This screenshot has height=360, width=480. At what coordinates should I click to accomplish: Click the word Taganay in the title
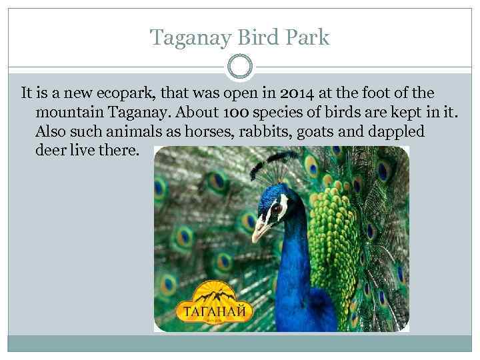[189, 37]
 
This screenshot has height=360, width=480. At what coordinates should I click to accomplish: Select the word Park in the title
[307, 37]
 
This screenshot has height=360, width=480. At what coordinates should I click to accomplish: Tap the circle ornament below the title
[240, 67]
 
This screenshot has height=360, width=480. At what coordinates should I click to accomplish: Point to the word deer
[49, 150]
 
